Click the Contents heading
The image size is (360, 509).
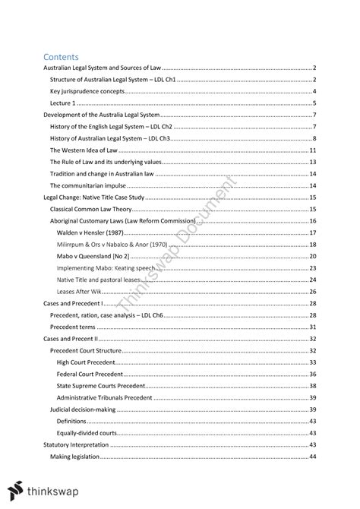63,56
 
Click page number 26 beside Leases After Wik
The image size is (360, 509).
312,291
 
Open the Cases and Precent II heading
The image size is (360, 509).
71,338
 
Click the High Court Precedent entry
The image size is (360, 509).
89,362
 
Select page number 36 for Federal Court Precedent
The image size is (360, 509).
312,374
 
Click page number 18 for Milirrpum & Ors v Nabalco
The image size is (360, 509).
312,244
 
